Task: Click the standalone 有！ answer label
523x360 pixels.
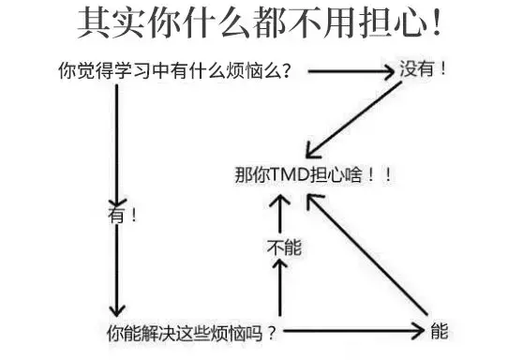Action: click(x=123, y=214)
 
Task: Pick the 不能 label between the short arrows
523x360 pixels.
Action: click(x=283, y=248)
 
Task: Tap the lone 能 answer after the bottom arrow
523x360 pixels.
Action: click(x=439, y=331)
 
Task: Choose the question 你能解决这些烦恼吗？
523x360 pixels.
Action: click(x=191, y=332)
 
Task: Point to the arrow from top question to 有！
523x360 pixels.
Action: click(x=116, y=141)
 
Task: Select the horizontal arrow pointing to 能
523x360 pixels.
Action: click(x=356, y=331)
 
